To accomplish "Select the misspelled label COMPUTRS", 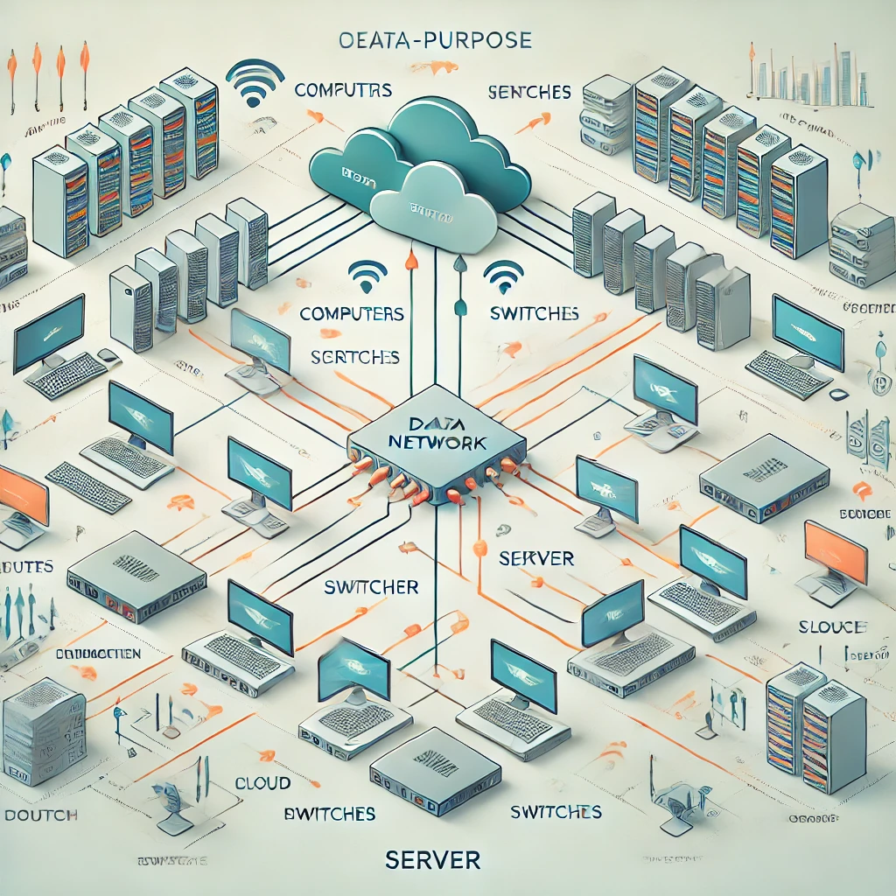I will pos(343,90).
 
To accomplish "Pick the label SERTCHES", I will pos(355,357).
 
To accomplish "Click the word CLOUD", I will pos(262,783).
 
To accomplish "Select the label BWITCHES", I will pos(330,814).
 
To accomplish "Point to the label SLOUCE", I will pos(832,626).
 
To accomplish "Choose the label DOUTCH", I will pos(41,815).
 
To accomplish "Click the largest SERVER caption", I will pos(432,860).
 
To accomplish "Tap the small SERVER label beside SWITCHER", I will pos(535,558).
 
